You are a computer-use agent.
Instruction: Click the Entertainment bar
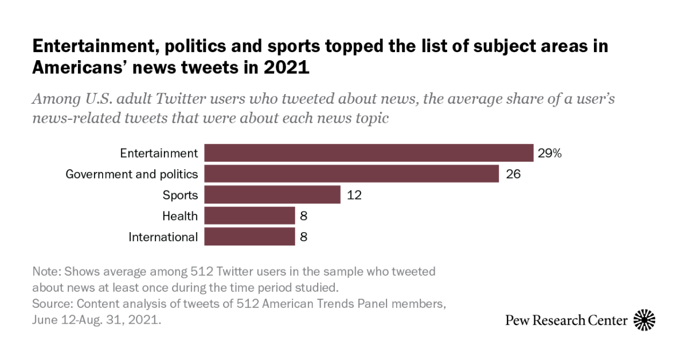tap(369, 153)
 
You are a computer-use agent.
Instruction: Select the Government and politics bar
tap(351, 174)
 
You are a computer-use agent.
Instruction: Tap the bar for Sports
tap(272, 195)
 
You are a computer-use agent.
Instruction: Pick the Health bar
tap(249, 216)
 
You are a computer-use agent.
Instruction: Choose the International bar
tap(249, 237)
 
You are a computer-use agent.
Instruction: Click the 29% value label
tap(549, 153)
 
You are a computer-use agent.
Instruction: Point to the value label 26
tap(513, 174)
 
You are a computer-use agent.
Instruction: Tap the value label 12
tap(354, 195)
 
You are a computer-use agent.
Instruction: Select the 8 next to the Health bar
tap(304, 216)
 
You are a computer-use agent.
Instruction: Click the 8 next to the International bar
tap(304, 237)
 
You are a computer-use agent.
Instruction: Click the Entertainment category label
tap(159, 153)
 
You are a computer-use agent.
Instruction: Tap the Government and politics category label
tap(132, 174)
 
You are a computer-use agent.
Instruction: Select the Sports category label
tap(180, 195)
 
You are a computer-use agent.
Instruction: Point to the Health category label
tap(179, 216)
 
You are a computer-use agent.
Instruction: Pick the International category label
tap(163, 237)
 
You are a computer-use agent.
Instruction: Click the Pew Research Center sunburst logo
tap(644, 320)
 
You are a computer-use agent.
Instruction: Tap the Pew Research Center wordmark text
tap(566, 320)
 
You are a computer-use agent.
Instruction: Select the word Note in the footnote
tap(44, 271)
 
